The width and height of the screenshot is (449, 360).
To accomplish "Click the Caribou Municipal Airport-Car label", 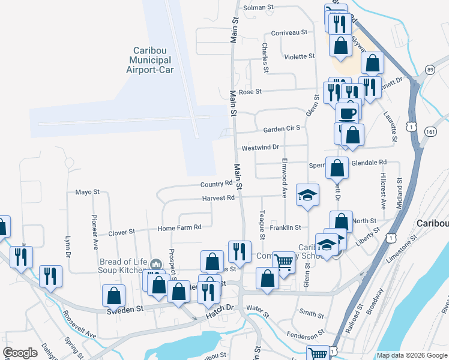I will [x=149, y=60].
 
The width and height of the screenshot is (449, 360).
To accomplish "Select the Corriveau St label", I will [x=289, y=32].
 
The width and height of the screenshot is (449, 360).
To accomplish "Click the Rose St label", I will [x=250, y=92].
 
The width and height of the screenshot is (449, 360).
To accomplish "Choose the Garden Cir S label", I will [x=281, y=129].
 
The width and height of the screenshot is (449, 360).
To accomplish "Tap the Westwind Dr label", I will [x=260, y=147].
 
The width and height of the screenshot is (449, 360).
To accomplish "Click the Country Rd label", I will [x=216, y=184].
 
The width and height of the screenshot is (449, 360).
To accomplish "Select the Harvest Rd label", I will [x=218, y=198].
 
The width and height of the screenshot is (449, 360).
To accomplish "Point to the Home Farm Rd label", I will [x=179, y=228].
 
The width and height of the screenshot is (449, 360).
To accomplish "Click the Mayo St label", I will [x=87, y=192].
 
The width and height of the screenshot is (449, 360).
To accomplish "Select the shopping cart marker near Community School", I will [x=283, y=262].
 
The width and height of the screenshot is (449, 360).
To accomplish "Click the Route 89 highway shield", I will [x=429, y=70].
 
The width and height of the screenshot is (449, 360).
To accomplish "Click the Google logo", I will [x=20, y=353].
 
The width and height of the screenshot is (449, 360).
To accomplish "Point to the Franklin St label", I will [x=285, y=227].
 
